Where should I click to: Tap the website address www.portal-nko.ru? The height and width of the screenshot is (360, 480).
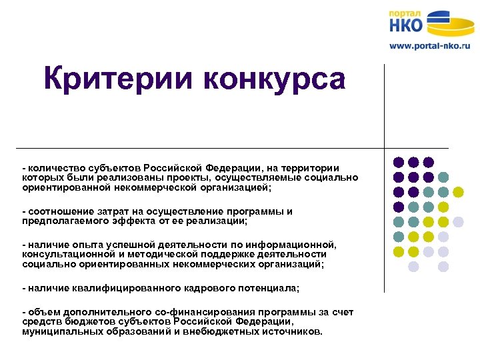[x=430, y=46]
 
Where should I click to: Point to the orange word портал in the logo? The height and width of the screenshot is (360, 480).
[x=405, y=13]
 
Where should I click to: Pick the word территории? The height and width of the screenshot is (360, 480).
[x=311, y=167]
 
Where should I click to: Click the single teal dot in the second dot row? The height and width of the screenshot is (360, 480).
[x=443, y=177]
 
